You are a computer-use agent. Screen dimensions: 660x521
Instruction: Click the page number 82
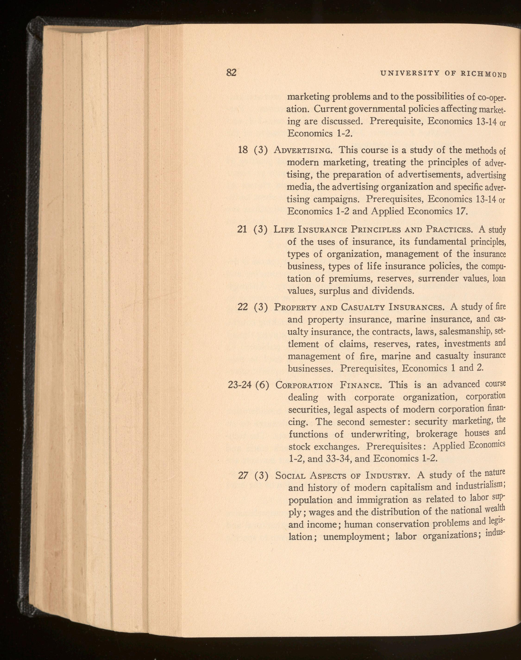(231, 72)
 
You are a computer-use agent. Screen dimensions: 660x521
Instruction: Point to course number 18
(243, 150)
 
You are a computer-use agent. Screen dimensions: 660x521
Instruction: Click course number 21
(242, 229)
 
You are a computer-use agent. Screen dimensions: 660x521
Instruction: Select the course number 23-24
(240, 385)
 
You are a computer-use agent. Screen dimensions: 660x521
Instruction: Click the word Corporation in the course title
(304, 386)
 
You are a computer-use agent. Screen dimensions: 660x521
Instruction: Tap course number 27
(243, 476)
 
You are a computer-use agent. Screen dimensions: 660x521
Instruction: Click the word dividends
(393, 291)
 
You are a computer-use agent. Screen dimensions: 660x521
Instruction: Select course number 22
(243, 307)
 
